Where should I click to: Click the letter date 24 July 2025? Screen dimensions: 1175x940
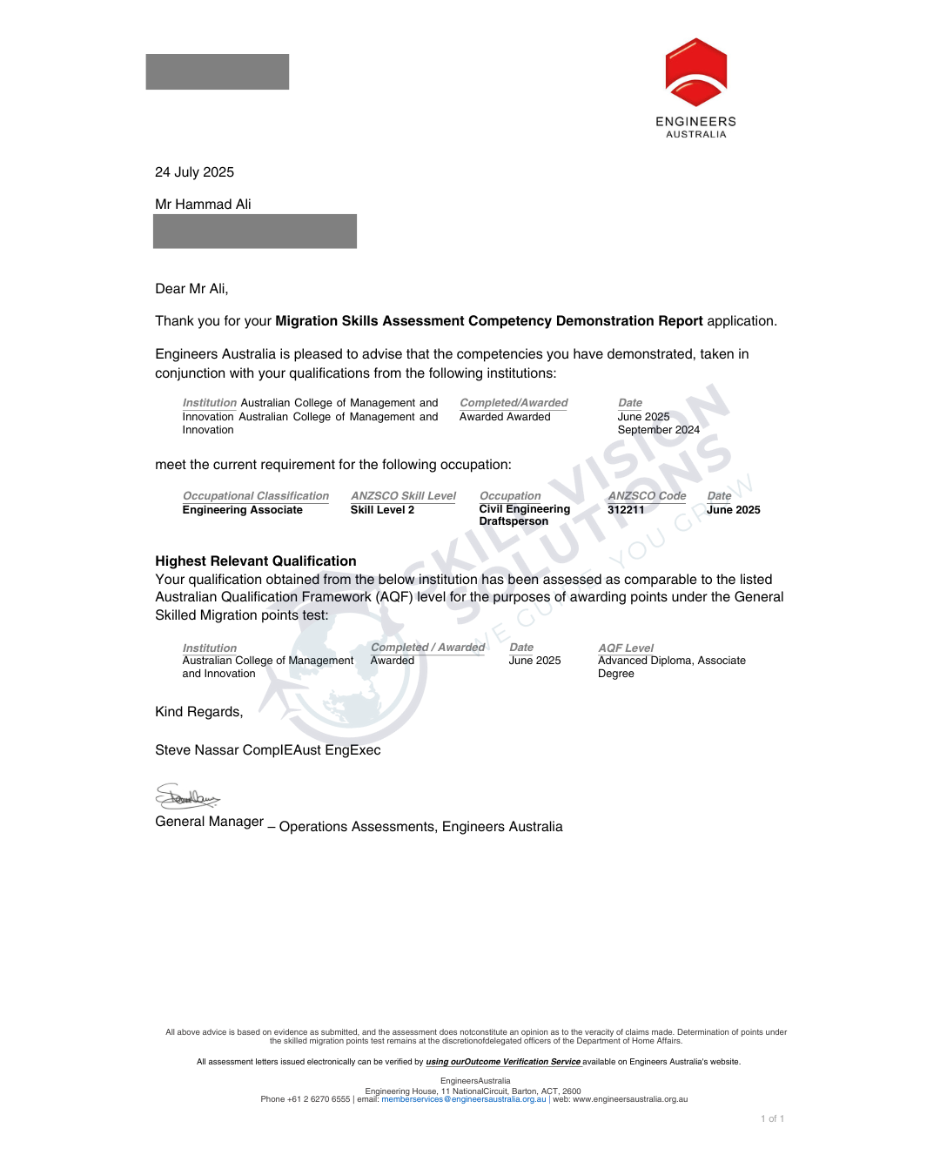194,172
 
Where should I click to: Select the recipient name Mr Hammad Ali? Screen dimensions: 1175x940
203,205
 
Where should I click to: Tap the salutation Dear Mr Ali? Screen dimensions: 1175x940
191,289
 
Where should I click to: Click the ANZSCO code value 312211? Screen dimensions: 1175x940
626,510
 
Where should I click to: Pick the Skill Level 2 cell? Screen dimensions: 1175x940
382,510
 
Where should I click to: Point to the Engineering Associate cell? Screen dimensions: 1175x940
242,510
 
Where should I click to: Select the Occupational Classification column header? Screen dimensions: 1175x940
256,496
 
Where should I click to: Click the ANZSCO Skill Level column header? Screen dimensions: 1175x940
403,496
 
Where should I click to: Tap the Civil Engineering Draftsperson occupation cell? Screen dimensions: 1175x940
524,515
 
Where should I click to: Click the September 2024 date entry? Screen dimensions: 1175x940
658,430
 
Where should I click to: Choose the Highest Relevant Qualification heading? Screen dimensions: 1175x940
255,561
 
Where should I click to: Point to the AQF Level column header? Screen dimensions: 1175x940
626,648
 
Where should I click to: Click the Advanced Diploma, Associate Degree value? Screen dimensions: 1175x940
671,667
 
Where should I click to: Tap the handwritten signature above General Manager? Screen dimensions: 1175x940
186,796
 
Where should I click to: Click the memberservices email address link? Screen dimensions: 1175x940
463,1099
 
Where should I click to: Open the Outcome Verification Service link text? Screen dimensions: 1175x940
503,1062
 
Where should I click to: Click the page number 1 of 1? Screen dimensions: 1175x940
772,1119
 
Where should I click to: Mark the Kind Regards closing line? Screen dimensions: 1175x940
198,712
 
